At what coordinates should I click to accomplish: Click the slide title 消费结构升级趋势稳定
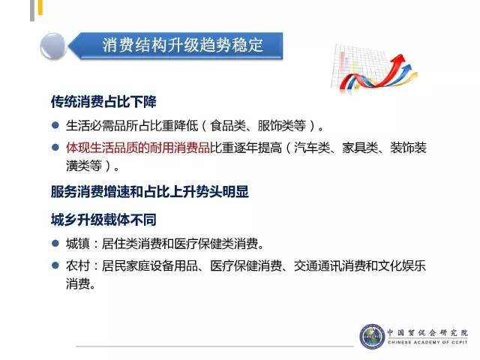pos(182,45)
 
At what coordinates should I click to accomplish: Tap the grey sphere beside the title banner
pos(53,46)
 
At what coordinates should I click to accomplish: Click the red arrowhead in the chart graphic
pos(399,58)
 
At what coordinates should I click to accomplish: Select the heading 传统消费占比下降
pos(103,102)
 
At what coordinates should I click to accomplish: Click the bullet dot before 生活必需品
pos(55,125)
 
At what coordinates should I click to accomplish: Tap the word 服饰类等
pos(282,125)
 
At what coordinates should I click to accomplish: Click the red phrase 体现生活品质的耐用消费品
pos(138,148)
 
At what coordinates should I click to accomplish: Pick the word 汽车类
pos(312,148)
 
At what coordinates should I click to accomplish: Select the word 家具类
pos(360,148)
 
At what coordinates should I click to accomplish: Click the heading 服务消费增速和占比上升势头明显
pos(150,192)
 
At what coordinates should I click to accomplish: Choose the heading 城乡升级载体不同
pos(103,220)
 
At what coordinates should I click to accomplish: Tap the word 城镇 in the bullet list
pos(78,244)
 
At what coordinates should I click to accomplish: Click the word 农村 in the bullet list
pos(78,265)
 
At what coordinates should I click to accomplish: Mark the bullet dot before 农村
pos(55,265)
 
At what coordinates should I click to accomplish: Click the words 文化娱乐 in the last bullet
pos(402,265)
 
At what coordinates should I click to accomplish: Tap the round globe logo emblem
pos(372,337)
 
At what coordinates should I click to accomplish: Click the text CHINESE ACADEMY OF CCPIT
pos(427,342)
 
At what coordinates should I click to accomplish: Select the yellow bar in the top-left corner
pos(40,7)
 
